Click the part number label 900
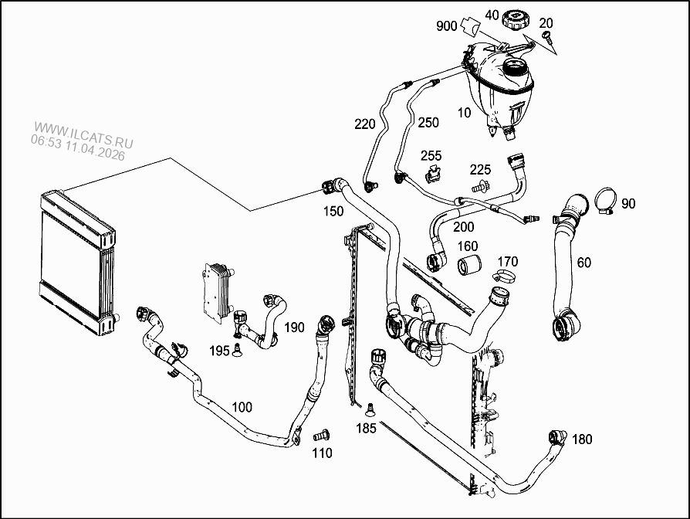447,25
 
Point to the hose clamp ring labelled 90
604,202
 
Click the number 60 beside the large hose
583,263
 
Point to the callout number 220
364,124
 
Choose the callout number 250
428,123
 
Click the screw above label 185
368,409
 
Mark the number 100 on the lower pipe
242,406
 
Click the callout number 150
333,211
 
